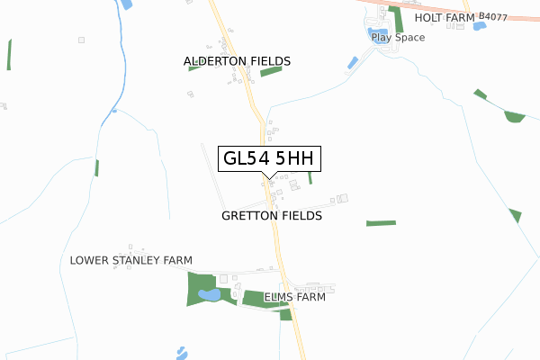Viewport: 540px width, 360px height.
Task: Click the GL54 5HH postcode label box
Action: pos(268,158)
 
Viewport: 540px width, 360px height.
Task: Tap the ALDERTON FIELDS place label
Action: pos(237,61)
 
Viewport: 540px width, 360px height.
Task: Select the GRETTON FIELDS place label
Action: pos(271,217)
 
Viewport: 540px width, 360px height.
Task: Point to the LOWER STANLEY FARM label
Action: pos(131,261)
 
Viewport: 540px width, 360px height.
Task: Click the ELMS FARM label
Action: pos(294,297)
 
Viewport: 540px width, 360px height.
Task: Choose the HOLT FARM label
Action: pos(444,17)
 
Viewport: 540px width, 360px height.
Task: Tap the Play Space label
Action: pos(398,38)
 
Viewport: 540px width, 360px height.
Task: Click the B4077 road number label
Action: pos(493,16)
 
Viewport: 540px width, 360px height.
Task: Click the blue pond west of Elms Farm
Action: pos(208,294)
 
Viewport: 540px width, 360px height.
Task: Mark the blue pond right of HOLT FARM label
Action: pos(480,26)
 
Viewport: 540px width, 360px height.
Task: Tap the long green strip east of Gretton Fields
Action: pos(381,222)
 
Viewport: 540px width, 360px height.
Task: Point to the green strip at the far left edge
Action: pos(9,54)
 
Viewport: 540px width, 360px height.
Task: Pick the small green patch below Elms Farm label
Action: pos(286,313)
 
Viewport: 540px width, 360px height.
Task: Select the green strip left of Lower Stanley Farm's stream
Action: pos(96,167)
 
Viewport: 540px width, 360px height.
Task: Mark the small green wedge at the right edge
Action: pos(515,215)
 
